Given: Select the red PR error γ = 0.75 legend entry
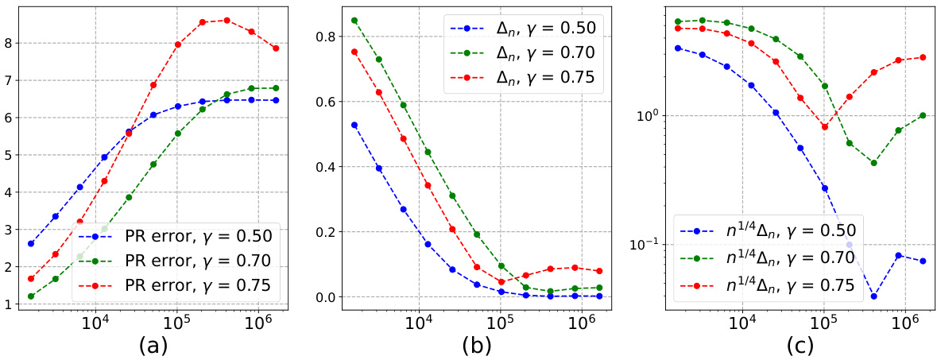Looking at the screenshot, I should pyautogui.click(x=199, y=285).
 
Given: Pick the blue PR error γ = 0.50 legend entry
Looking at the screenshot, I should pyautogui.click(x=199, y=236).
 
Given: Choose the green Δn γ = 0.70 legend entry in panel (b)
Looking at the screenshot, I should pyautogui.click(x=520, y=53).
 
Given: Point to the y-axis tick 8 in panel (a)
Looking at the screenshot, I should pyautogui.click(x=9, y=43).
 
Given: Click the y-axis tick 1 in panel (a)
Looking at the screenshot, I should pyautogui.click(x=9, y=304).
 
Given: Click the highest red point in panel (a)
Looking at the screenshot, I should pyautogui.click(x=227, y=20).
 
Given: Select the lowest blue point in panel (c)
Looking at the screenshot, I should pyautogui.click(x=873, y=296).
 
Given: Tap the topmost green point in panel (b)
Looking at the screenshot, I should pyautogui.click(x=354, y=21).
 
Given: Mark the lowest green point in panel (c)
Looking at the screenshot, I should pyautogui.click(x=873, y=163).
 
